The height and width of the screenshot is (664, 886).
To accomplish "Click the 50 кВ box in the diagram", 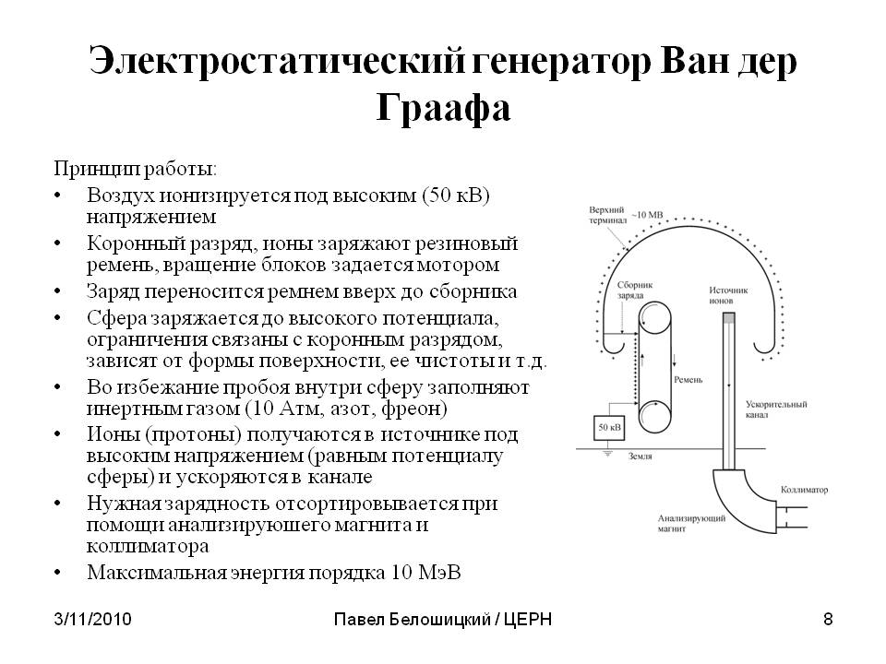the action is pos(609,427).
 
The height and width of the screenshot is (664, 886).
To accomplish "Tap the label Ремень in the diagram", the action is pos(688,380).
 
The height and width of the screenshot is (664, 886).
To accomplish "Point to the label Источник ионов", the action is pos(728,295).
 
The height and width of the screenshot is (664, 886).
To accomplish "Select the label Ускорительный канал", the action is pos(776,409).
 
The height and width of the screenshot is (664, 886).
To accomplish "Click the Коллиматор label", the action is pos(804,490).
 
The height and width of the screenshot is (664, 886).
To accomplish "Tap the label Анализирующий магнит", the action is pos(691,524).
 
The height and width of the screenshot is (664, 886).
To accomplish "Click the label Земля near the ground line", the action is pos(641,456).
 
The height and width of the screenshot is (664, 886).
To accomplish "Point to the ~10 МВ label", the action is pos(647,215).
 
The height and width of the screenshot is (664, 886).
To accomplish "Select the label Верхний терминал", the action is pos(607,215).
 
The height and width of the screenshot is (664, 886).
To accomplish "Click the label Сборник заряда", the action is pos(635,290).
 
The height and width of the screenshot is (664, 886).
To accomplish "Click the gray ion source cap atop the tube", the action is pos(729,317).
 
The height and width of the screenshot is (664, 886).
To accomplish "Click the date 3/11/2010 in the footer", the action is pos(92,620).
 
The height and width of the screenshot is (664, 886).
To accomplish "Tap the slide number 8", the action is pos(828,620).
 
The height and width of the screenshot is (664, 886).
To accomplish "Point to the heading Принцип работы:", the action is pos(136,168).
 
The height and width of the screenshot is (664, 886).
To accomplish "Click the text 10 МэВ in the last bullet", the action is pos(425,572).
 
